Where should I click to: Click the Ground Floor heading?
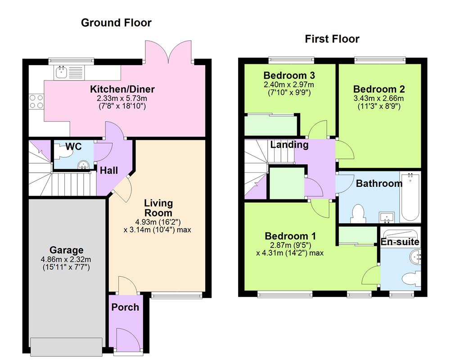tap(116, 22)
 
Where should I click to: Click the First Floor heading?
tap(332, 39)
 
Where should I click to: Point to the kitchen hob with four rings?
tap(36, 101)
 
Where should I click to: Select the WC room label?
tap(73, 147)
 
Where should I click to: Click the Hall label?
tap(109, 171)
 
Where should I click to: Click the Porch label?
tap(125, 307)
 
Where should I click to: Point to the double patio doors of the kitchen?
tap(169, 51)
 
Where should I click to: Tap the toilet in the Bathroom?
tap(358, 214)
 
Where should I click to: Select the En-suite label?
tap(400, 242)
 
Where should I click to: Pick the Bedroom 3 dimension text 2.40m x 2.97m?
tap(288, 84)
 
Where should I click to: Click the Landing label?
tap(289, 144)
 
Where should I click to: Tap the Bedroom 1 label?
tap(290, 236)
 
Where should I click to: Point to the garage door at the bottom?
tap(66, 346)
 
